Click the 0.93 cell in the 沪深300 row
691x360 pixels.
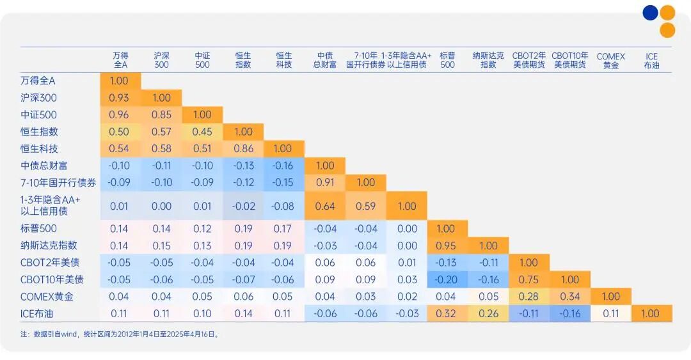[120, 98]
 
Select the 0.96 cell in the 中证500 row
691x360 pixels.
[120, 115]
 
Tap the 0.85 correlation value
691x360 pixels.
[161, 115]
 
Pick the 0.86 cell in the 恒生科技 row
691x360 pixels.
[243, 148]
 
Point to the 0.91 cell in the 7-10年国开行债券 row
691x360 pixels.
[325, 182]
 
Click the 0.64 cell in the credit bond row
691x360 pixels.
[325, 206]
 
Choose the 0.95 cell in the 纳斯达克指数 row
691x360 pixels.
[448, 246]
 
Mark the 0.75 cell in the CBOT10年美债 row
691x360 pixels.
[529, 279]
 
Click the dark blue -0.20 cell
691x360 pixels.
[448, 279]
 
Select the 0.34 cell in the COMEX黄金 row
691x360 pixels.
[569, 297]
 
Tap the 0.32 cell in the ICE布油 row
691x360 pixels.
[448, 313]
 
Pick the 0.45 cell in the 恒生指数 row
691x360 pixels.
[202, 132]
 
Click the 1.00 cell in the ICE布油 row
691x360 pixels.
[651, 313]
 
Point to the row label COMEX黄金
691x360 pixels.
[47, 297]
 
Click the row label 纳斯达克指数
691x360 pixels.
[49, 246]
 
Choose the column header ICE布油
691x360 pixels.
[651, 61]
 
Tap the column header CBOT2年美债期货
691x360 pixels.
[529, 60]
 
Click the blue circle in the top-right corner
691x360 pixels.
[651, 13]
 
